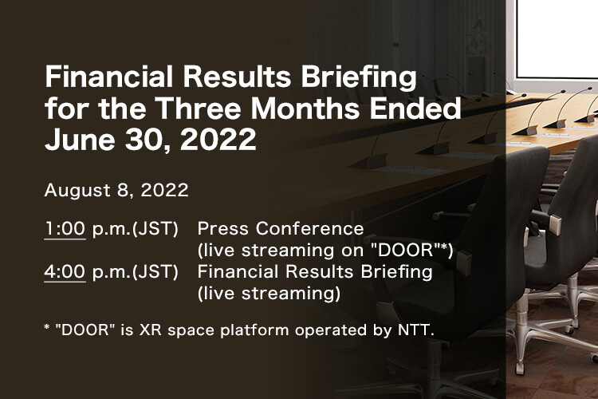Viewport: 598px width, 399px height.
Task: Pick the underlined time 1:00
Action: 65,229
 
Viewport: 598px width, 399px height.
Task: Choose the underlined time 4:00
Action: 65,271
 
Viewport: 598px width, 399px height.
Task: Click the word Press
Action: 222,229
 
